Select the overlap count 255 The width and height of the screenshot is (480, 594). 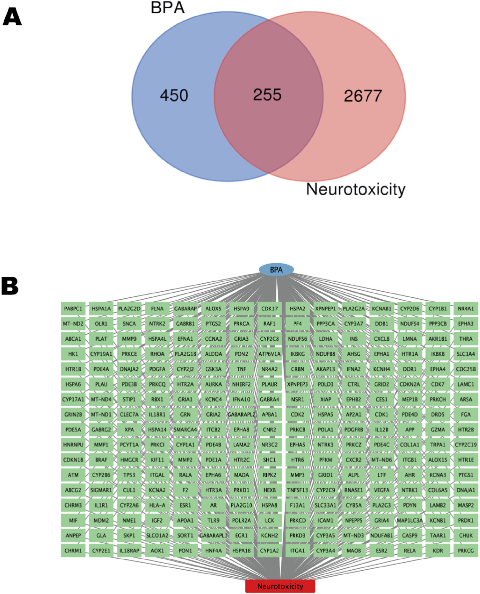tap(267, 95)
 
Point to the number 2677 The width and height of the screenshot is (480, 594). tap(363, 96)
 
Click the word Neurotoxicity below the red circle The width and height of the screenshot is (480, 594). tap(356, 189)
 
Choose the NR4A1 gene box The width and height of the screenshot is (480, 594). tap(466, 309)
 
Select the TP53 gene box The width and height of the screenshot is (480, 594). tap(129, 475)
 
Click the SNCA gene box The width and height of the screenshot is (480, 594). tap(129, 324)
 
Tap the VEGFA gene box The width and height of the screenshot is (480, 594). tap(382, 490)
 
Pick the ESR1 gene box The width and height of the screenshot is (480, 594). tap(185, 505)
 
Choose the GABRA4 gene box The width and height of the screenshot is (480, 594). tap(269, 399)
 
